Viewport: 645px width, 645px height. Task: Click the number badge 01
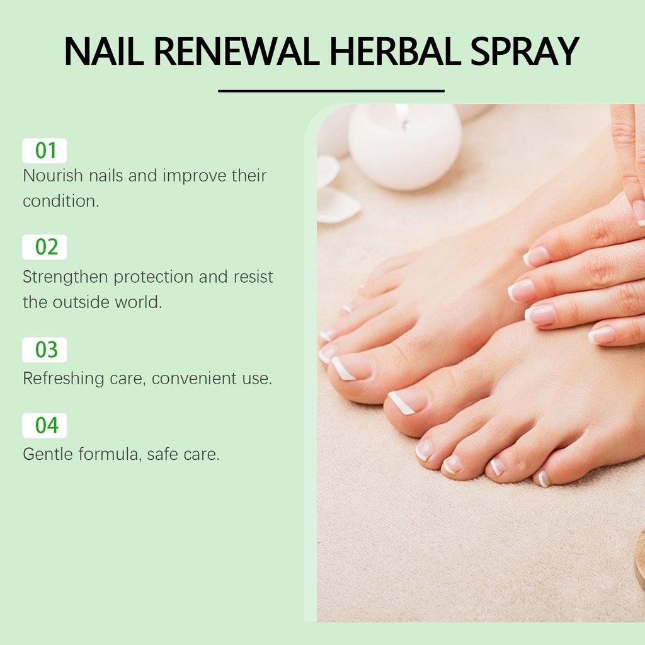(45, 151)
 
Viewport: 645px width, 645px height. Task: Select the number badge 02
(45, 247)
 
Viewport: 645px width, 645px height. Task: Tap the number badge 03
(45, 350)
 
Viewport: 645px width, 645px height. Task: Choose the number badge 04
(45, 426)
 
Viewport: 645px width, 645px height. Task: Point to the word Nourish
(53, 176)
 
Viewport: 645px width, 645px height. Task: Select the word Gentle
(47, 454)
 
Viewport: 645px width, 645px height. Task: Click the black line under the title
(331, 91)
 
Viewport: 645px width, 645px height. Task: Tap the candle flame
(402, 115)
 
